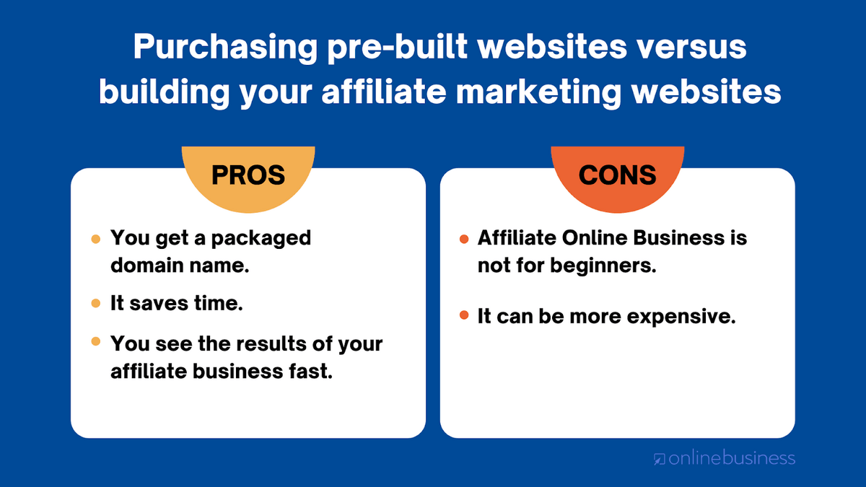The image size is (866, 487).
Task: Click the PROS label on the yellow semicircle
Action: [x=248, y=175]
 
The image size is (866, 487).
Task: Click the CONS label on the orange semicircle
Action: [x=618, y=175]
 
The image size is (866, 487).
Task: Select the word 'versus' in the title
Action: [x=691, y=47]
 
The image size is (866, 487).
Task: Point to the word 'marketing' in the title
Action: [x=538, y=93]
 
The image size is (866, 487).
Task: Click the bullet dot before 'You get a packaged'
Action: [x=96, y=239]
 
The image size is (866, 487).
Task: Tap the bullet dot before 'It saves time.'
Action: [x=96, y=303]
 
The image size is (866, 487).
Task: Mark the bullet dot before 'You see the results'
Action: [x=96, y=341]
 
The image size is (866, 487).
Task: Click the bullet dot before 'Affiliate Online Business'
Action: [x=464, y=239]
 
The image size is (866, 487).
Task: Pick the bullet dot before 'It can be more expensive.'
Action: [x=464, y=315]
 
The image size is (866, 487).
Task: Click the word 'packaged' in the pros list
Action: [x=261, y=239]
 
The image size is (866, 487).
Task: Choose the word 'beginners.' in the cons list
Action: [x=603, y=266]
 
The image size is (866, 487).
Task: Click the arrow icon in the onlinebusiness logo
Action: [x=659, y=459]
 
